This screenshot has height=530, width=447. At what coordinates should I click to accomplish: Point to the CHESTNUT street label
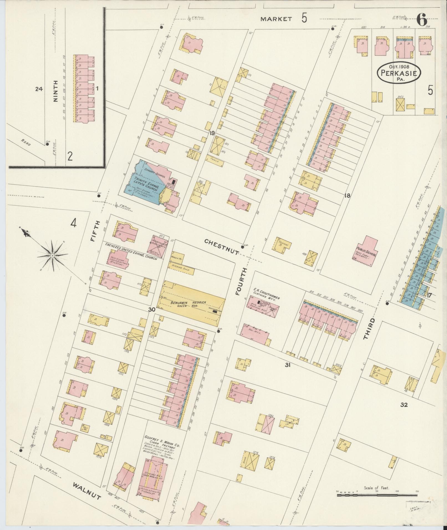tap(222, 246)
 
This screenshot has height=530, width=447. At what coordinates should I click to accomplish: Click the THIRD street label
tap(369, 329)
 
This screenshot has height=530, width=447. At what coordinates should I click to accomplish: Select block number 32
tap(404, 405)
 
